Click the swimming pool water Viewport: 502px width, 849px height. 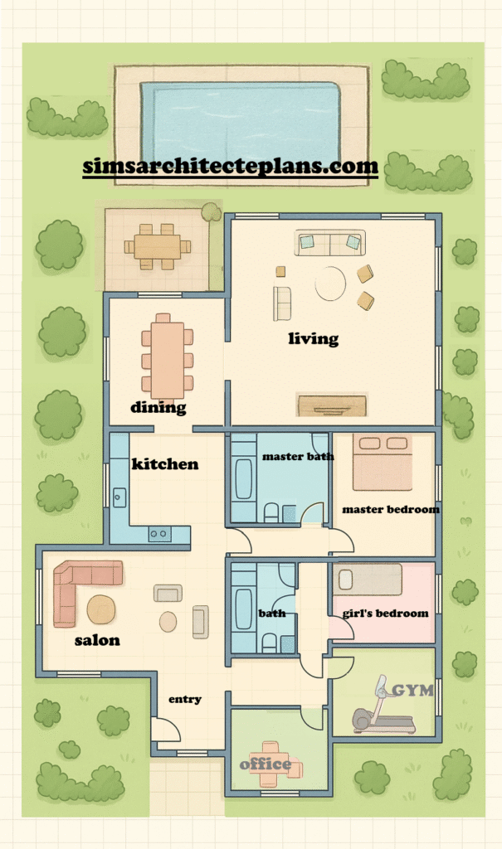(240, 121)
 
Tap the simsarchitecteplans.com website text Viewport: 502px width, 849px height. (231, 166)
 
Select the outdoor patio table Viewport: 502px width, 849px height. (157, 247)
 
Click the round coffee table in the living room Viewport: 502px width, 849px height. (330, 284)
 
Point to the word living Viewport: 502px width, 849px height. (314, 339)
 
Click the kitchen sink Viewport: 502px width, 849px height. (119, 497)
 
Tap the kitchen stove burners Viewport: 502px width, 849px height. (159, 535)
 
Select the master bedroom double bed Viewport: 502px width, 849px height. (383, 461)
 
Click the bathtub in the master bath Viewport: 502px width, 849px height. (243, 478)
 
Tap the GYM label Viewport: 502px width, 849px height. (412, 691)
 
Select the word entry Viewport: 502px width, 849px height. (185, 699)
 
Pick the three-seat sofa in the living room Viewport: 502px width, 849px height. (330, 243)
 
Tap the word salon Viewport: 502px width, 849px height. (97, 641)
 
